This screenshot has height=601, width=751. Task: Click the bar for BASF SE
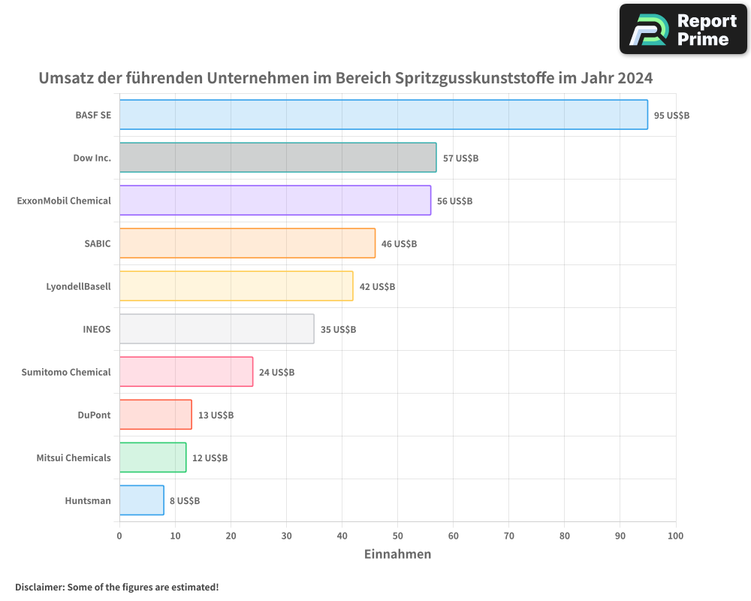tap(383, 115)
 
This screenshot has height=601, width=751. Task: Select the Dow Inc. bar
tap(278, 158)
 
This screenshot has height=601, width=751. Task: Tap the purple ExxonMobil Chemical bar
tap(275, 201)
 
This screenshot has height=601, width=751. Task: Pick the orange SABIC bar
tap(247, 243)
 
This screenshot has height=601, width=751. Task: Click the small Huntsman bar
tap(141, 500)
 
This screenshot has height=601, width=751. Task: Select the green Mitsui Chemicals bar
tap(152, 458)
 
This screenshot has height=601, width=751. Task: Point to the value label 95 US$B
tap(671, 116)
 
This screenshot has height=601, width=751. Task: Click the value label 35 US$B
tap(338, 330)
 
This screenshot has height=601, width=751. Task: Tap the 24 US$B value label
tap(276, 373)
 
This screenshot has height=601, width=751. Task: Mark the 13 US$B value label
tap(216, 415)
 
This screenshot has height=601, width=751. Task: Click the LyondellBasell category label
tap(78, 287)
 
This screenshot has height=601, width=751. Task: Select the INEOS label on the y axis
tap(97, 330)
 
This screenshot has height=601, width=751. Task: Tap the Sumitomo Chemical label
tap(66, 373)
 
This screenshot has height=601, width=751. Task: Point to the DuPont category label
tap(94, 415)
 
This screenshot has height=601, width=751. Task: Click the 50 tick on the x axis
tap(397, 536)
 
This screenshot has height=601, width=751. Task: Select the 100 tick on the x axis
tap(675, 536)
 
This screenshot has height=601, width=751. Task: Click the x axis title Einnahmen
tap(397, 554)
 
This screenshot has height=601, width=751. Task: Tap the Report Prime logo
tap(683, 29)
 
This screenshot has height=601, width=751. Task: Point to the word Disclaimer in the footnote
tap(38, 587)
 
